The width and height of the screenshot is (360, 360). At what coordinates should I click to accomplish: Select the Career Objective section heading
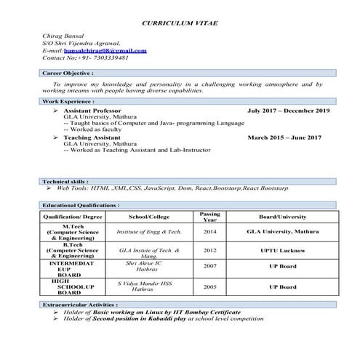coord(68,73)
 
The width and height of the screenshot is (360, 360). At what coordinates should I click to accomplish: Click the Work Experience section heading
coord(68,101)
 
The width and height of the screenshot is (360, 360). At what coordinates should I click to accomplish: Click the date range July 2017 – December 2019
coord(288,110)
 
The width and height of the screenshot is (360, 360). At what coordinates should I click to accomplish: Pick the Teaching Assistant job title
coord(92,137)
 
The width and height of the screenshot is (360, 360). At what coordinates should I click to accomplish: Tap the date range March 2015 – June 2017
coord(284,137)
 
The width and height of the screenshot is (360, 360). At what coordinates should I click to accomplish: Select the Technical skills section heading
coord(65,180)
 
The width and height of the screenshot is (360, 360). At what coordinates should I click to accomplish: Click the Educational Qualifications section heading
coord(81,206)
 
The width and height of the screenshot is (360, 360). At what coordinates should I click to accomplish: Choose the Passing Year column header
coord(209,217)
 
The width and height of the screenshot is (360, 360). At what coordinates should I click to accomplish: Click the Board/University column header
coord(282,217)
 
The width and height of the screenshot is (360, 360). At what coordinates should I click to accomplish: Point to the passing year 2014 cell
coord(209,231)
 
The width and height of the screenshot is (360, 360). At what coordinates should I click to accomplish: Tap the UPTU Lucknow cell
coord(282,249)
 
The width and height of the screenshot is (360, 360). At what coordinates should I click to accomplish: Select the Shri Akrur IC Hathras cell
coord(149,265)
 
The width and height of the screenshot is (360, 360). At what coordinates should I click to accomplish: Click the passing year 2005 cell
coord(209,287)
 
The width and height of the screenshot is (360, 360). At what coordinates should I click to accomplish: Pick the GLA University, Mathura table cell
coord(282,231)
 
